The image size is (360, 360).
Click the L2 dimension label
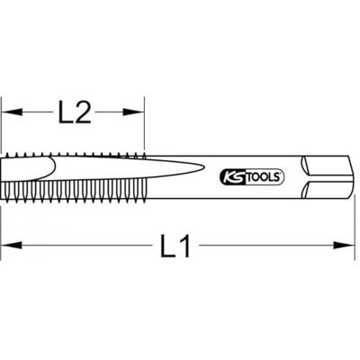coord(75,112)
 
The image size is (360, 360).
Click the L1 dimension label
coord(175,246)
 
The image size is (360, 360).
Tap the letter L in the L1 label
coord(168,246)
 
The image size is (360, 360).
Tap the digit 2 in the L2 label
coord(83,112)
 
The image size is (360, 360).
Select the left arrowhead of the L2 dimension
coord(12,112)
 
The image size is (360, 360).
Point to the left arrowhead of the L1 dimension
coord(12,246)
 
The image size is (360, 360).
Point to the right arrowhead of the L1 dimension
coord(345,246)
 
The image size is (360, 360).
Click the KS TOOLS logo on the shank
coord(252,177)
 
